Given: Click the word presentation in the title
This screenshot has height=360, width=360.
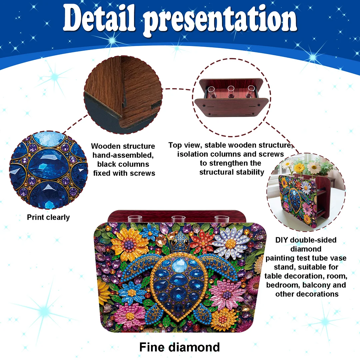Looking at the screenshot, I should (222, 21).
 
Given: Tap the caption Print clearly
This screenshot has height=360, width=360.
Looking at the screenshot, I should (48, 218).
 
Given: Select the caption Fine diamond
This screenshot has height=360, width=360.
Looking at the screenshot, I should (179, 347).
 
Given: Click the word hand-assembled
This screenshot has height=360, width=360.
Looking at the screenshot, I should (123, 155).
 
